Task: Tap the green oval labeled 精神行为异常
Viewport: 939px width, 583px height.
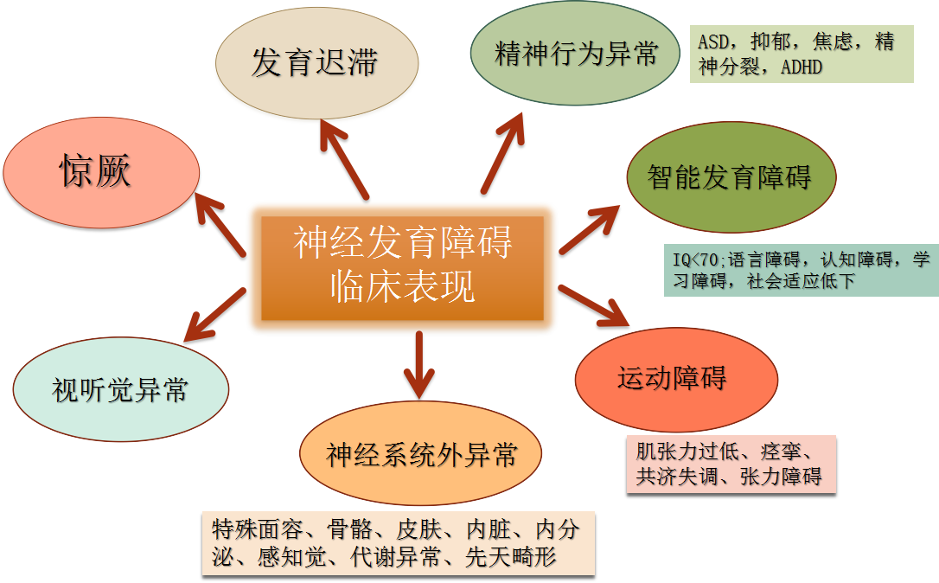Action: (575, 54)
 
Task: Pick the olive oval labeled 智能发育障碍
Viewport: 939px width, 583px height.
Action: (731, 178)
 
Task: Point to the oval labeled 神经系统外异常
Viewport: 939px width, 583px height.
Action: (420, 454)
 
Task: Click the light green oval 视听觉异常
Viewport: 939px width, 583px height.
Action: (121, 390)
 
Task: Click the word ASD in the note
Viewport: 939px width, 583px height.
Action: (714, 42)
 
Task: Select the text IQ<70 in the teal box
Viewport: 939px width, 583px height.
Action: (694, 259)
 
